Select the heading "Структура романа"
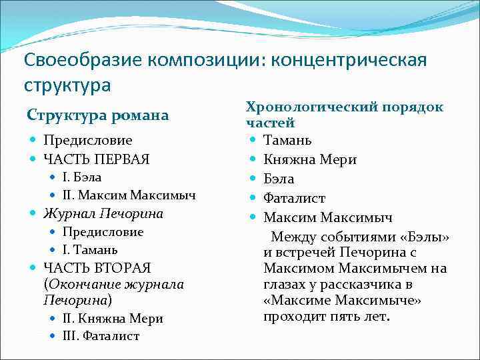(x=97, y=115)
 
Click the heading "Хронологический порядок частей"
(x=344, y=115)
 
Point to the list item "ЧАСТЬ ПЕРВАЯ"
(x=96, y=159)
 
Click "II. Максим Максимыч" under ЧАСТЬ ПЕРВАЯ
(x=129, y=195)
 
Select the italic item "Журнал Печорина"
(x=103, y=214)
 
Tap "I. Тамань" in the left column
(x=90, y=250)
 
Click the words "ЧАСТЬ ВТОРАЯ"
(x=97, y=268)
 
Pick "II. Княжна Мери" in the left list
(x=113, y=319)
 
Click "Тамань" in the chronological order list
(x=287, y=141)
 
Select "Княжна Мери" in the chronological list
(x=310, y=159)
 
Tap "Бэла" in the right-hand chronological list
(x=279, y=179)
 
